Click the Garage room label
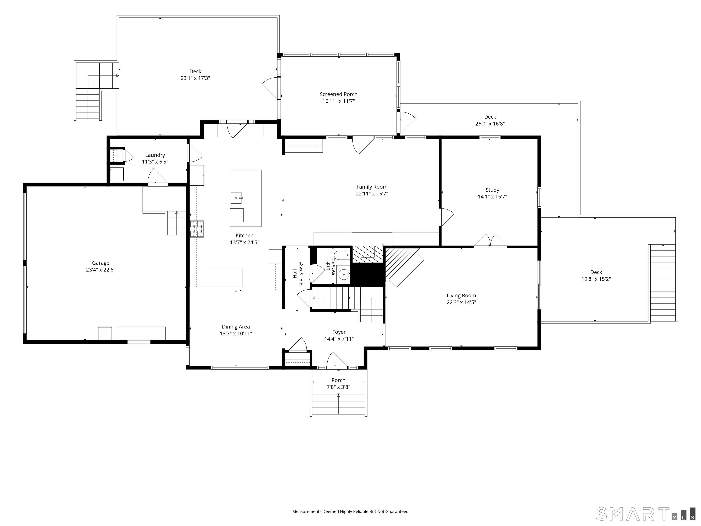100,263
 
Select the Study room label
492,190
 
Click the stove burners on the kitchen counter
197,229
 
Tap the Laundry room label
155,155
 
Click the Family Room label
372,187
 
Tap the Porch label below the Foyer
338,380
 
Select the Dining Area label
236,327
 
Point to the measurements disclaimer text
350,512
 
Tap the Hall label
295,274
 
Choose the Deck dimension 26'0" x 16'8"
490,124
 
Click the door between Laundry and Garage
157,176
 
